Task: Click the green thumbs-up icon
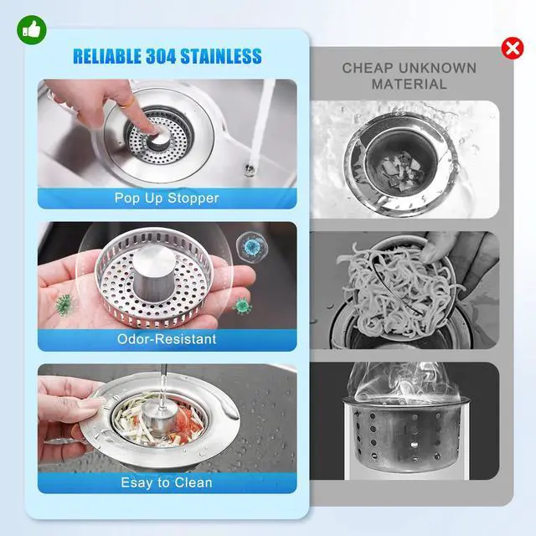point(32,30)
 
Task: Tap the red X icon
point(513,49)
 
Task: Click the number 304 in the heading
point(161,56)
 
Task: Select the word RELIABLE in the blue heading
point(107,56)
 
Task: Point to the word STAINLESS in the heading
point(221,56)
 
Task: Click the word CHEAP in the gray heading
point(368,68)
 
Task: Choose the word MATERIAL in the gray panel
point(410,84)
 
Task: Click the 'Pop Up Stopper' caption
point(167,198)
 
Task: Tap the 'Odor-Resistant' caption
point(167,339)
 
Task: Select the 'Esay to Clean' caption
point(167,482)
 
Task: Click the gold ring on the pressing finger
point(128,101)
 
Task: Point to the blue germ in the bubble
point(251,245)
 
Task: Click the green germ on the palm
point(64,304)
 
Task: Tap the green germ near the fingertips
point(242,305)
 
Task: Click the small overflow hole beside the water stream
point(250,168)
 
